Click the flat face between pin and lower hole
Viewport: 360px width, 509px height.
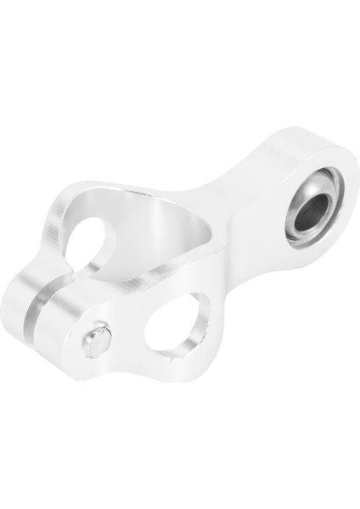pyautogui.click(x=127, y=331)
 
